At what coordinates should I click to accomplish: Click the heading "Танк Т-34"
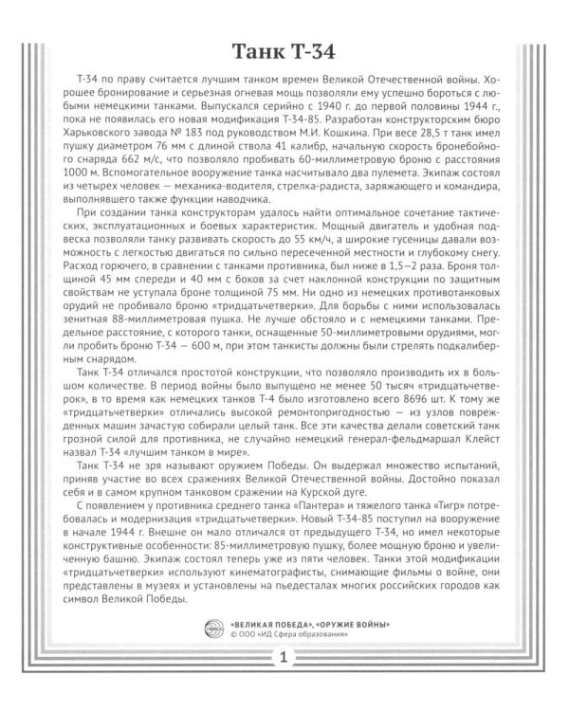(x=284, y=51)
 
